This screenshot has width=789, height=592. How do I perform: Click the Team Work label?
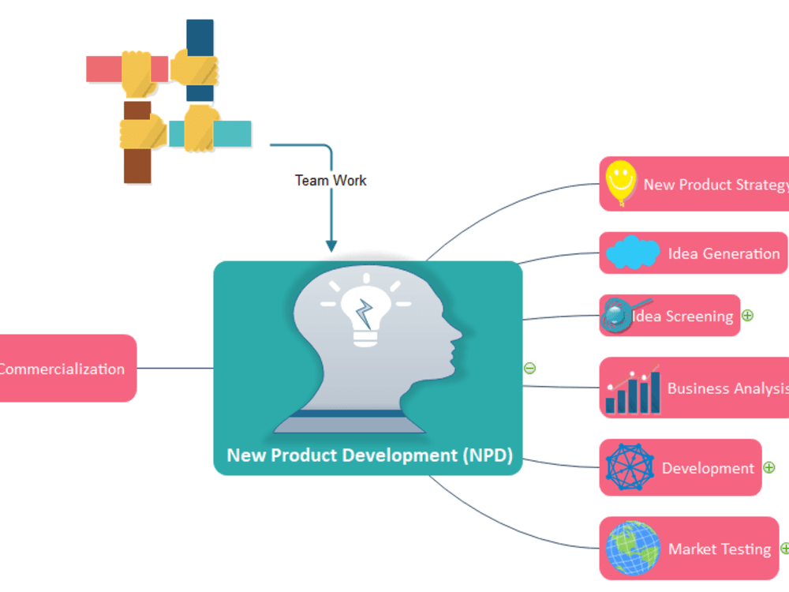pos(331,180)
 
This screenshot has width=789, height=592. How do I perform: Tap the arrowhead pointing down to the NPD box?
pos(331,245)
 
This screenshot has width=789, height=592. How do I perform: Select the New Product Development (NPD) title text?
pos(369,455)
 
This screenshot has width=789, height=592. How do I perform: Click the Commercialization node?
pos(63,369)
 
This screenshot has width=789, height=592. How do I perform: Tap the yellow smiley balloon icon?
pos(620,182)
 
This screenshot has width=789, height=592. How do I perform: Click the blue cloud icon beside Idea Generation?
pos(633,253)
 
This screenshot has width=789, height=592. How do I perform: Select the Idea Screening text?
pos(683,317)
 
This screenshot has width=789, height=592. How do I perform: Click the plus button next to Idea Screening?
pos(747,316)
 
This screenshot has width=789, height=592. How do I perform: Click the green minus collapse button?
pos(530,368)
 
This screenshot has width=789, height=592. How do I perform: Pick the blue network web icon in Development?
pos(630,467)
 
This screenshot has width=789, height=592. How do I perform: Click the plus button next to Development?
pos(768,467)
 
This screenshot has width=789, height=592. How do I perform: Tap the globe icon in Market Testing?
pos(633,548)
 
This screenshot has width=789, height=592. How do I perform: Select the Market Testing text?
pos(720,549)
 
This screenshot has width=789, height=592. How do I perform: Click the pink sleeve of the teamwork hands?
pos(103,69)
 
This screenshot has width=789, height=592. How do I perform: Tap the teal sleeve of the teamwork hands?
pos(232,134)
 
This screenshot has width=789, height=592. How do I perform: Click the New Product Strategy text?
pos(715,185)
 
